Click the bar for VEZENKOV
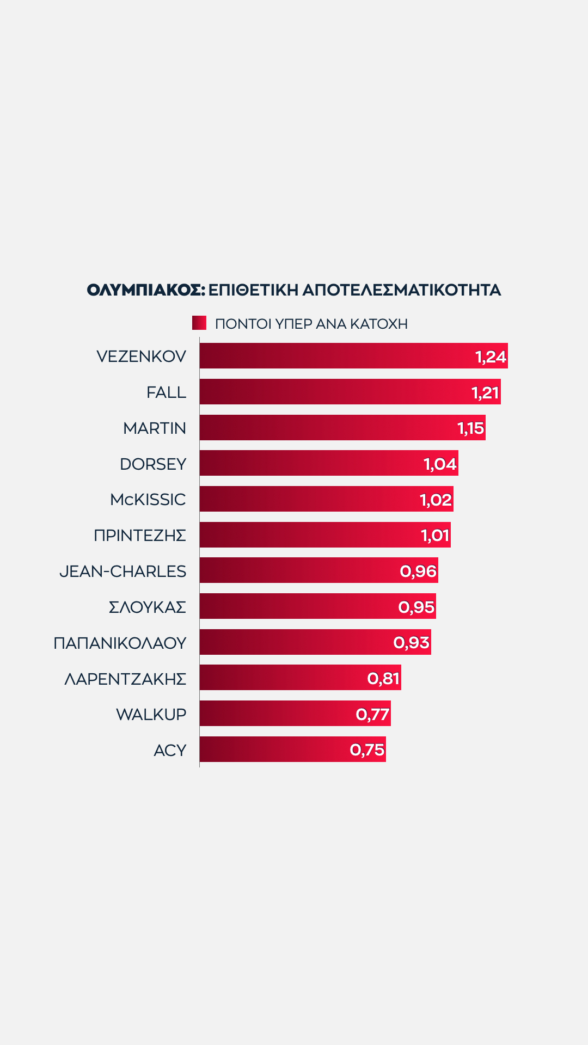(338, 356)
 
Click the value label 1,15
(471, 428)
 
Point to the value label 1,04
(440, 464)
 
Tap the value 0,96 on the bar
(418, 571)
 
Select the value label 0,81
(383, 678)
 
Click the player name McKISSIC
(148, 500)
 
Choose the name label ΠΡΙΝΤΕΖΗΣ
(140, 536)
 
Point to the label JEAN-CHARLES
(122, 571)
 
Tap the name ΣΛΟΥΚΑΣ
(148, 607)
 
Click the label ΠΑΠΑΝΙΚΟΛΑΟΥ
(120, 643)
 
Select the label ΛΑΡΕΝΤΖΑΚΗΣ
(125, 679)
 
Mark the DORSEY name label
(153, 464)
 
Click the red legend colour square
(199, 323)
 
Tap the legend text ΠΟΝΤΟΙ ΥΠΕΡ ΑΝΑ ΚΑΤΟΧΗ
(311, 324)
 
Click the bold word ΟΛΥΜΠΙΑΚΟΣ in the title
(146, 290)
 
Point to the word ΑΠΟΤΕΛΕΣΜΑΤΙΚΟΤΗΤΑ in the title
(401, 290)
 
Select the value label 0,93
(412, 643)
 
